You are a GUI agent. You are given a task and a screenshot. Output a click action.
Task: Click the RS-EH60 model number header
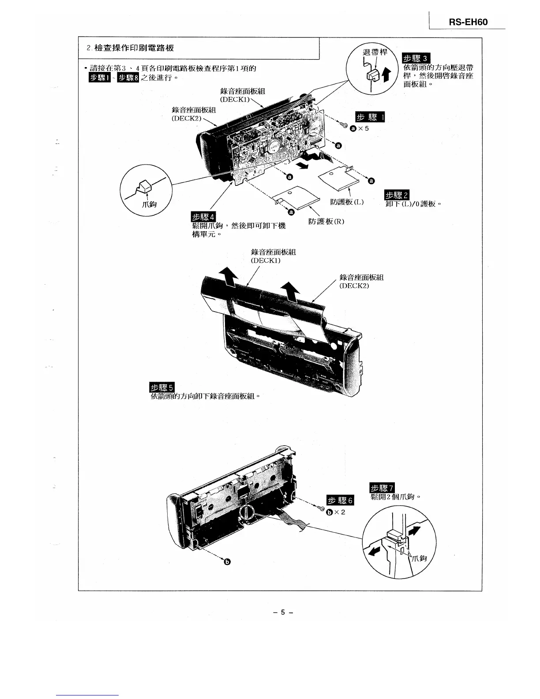[468, 22]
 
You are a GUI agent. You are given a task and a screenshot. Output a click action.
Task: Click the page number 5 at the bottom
[284, 612]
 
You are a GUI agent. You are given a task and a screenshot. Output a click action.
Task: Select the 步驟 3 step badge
[416, 59]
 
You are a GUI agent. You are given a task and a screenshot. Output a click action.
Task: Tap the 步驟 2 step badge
[397, 195]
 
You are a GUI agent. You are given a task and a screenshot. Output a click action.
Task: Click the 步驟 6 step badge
[340, 500]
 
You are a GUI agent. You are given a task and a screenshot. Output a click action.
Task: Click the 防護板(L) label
[347, 202]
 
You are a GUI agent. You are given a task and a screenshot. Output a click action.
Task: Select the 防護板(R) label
[326, 221]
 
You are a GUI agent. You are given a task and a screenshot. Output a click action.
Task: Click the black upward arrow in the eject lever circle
[386, 75]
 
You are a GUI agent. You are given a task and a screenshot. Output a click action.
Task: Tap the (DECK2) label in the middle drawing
[354, 286]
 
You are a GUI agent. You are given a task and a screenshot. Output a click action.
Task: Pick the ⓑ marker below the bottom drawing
[228, 562]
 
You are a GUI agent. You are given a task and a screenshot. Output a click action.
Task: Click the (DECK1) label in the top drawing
[235, 99]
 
